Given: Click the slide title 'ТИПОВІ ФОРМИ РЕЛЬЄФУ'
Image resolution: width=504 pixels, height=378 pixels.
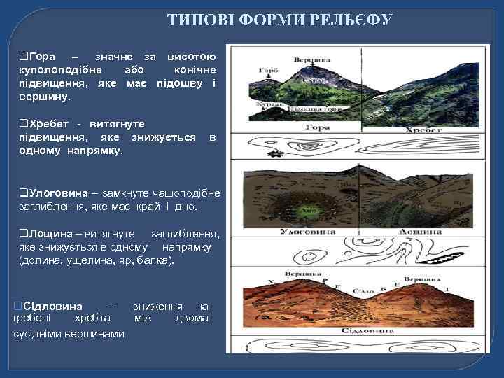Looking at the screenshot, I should [280, 20].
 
